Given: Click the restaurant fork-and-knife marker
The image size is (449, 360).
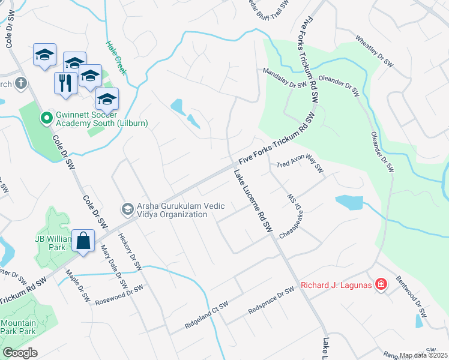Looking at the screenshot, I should point(65,83).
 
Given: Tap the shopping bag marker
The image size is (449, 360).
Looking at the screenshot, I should point(83,241).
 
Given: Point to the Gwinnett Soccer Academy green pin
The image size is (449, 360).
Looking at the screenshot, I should point(45,118).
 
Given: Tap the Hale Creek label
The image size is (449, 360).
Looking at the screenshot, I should point(116,58).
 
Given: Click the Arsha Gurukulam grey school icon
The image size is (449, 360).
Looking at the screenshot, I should point(127,209).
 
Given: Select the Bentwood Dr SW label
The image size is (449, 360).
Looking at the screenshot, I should point(411,297).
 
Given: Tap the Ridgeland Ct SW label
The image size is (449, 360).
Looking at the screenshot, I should point(207,316).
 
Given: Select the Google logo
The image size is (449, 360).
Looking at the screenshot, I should point(20,353).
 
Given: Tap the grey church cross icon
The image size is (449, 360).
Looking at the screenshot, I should point(21,83).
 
